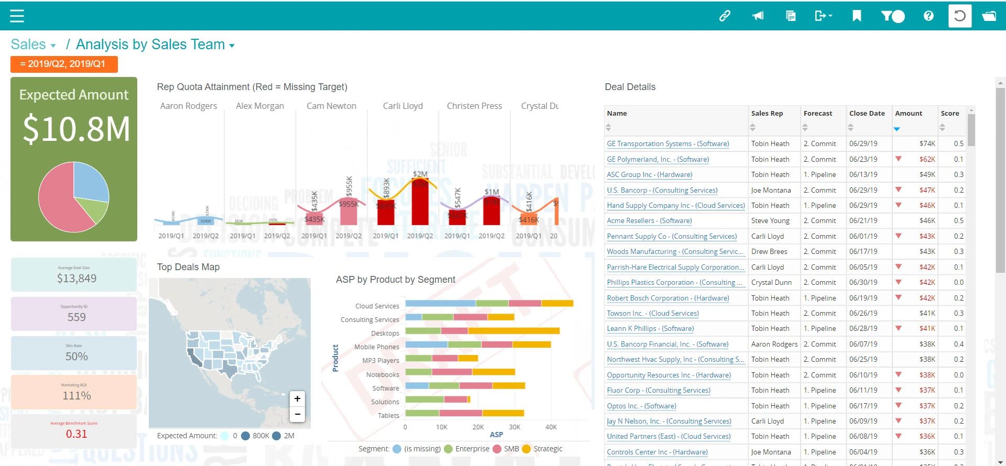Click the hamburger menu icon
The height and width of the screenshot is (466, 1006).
click(x=17, y=16)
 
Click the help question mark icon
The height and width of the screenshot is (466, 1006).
click(x=928, y=16)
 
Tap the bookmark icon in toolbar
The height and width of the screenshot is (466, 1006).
click(x=857, y=16)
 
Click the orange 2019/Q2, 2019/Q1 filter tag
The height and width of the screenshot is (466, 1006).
click(x=64, y=64)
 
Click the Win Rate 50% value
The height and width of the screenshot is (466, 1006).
click(x=76, y=357)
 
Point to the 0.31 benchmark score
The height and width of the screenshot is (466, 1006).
click(x=76, y=434)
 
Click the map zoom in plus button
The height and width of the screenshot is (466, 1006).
click(x=297, y=399)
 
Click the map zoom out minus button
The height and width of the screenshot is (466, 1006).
click(x=297, y=414)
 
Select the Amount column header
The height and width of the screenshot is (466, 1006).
click(x=909, y=114)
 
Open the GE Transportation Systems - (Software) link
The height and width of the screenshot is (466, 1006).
click(x=668, y=144)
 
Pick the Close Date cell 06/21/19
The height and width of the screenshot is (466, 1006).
click(x=863, y=221)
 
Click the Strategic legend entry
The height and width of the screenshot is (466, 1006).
click(x=548, y=449)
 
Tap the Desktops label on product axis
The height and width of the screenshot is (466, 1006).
click(x=385, y=334)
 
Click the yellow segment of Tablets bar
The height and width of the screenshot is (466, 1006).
click(x=503, y=413)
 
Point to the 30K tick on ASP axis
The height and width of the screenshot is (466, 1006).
click(x=515, y=427)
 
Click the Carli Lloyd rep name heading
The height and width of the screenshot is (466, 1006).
click(x=402, y=106)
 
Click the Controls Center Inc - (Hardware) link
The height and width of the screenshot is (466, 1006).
click(x=657, y=452)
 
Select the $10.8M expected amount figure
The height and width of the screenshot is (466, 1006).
click(x=76, y=129)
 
